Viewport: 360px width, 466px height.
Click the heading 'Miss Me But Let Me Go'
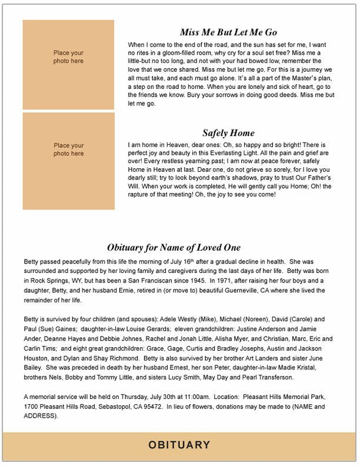tap(228, 32)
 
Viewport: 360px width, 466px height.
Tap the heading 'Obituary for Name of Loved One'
tap(174, 248)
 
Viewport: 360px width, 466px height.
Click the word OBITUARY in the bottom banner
tap(179, 445)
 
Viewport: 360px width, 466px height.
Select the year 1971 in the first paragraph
tap(224, 281)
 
